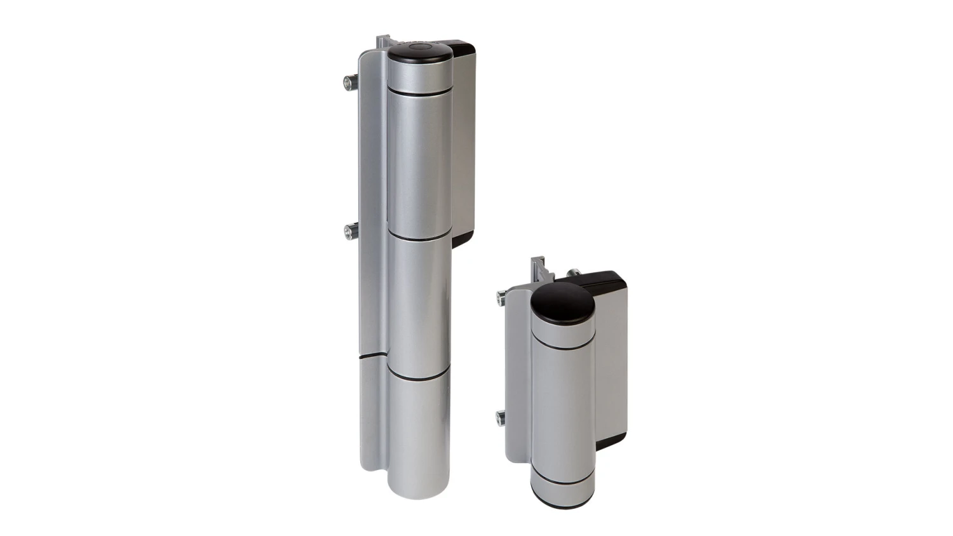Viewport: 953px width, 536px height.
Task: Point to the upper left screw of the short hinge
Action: click(502, 295)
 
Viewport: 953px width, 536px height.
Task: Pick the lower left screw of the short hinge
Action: click(501, 417)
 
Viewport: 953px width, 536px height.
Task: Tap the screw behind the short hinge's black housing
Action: click(574, 272)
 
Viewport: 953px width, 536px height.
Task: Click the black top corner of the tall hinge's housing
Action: click(463, 48)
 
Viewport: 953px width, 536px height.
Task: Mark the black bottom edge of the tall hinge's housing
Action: click(462, 239)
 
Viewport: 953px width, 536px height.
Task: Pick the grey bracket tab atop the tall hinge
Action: click(382, 41)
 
